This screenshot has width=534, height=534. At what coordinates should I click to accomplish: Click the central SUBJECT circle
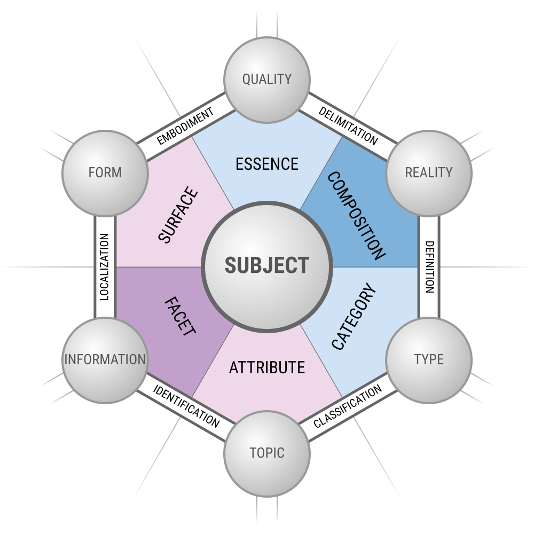click(267, 265)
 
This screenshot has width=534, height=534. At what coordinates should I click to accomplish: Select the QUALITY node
click(267, 80)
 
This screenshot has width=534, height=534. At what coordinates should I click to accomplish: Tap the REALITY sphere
click(428, 172)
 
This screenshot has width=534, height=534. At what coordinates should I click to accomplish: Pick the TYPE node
click(428, 359)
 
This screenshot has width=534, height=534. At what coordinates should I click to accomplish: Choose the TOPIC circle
click(267, 453)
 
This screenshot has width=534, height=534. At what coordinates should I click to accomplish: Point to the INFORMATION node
click(105, 359)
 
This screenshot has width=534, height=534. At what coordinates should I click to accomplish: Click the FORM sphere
click(105, 172)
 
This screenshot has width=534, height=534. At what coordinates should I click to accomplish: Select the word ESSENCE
click(267, 164)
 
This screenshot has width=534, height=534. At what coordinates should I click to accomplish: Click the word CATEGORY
click(354, 319)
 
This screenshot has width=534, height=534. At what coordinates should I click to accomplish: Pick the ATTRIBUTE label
click(267, 368)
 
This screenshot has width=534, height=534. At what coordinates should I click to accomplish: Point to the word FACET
click(179, 317)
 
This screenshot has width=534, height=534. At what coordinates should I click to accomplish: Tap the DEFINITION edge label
click(429, 266)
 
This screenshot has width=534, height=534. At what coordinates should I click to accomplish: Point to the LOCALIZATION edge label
click(105, 266)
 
